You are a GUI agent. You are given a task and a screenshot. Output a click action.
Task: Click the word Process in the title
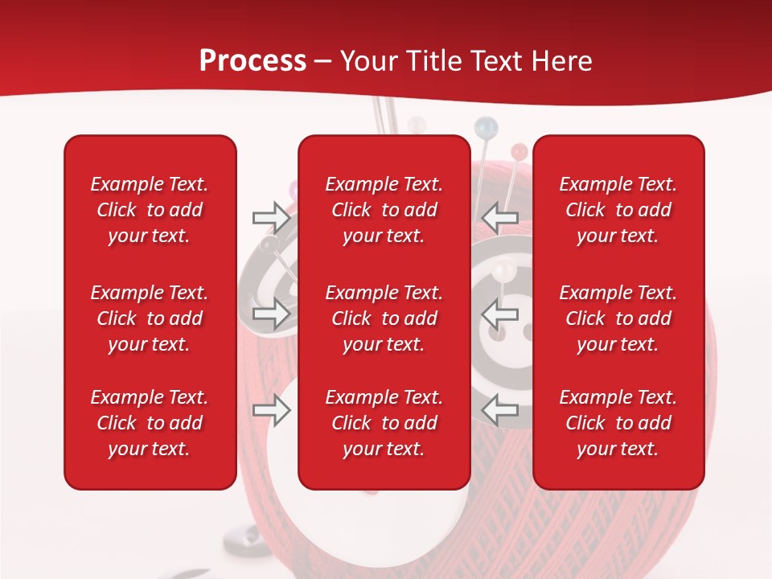pos(253,61)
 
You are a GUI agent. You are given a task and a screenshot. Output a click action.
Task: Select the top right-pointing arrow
pos(271,217)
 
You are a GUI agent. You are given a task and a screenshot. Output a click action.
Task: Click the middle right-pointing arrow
pos(271,314)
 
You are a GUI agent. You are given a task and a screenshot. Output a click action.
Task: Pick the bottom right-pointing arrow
pos(271,411)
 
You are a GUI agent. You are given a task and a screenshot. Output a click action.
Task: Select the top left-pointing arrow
pos(500,217)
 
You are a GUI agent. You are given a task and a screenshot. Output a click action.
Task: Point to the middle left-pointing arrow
pos(500,314)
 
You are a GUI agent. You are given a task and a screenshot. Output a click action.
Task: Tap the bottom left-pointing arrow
pos(500,411)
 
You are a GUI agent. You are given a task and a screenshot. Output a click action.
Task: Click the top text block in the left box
pos(150,210)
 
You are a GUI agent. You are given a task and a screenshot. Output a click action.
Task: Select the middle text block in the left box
pos(150,318)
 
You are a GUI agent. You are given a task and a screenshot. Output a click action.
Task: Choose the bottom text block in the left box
pos(150,423)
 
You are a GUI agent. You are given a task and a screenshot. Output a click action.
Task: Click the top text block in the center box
pos(384,210)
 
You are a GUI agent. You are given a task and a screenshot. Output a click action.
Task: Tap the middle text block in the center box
pos(384,318)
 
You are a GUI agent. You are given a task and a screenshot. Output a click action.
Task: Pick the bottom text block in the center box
pos(384,423)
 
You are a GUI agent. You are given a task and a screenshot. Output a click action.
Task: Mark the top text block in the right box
pos(618,210)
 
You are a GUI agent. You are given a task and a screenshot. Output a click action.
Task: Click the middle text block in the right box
pos(618,318)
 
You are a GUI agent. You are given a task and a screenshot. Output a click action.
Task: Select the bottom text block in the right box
pos(618,423)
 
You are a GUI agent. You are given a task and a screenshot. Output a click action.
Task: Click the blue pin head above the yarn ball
pos(485,126)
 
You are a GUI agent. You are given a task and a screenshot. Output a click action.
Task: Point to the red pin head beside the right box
pos(519,150)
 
